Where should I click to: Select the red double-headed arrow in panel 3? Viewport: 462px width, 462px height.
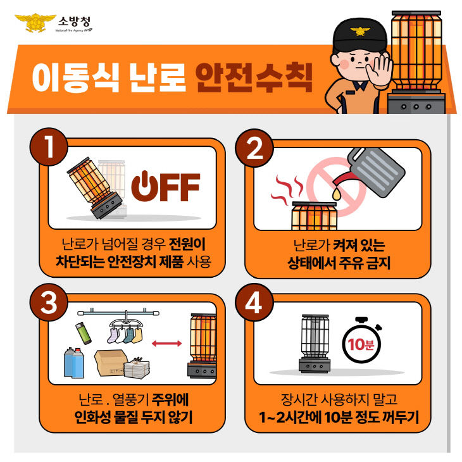click(x=166, y=343)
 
